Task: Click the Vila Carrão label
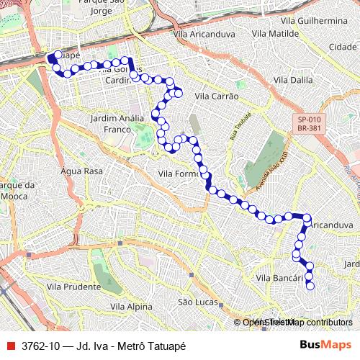(216, 96)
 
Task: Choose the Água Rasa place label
(82, 171)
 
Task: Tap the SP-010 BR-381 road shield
(310, 123)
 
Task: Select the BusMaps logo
(325, 346)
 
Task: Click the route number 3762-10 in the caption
(42, 346)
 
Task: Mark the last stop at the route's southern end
(310, 286)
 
